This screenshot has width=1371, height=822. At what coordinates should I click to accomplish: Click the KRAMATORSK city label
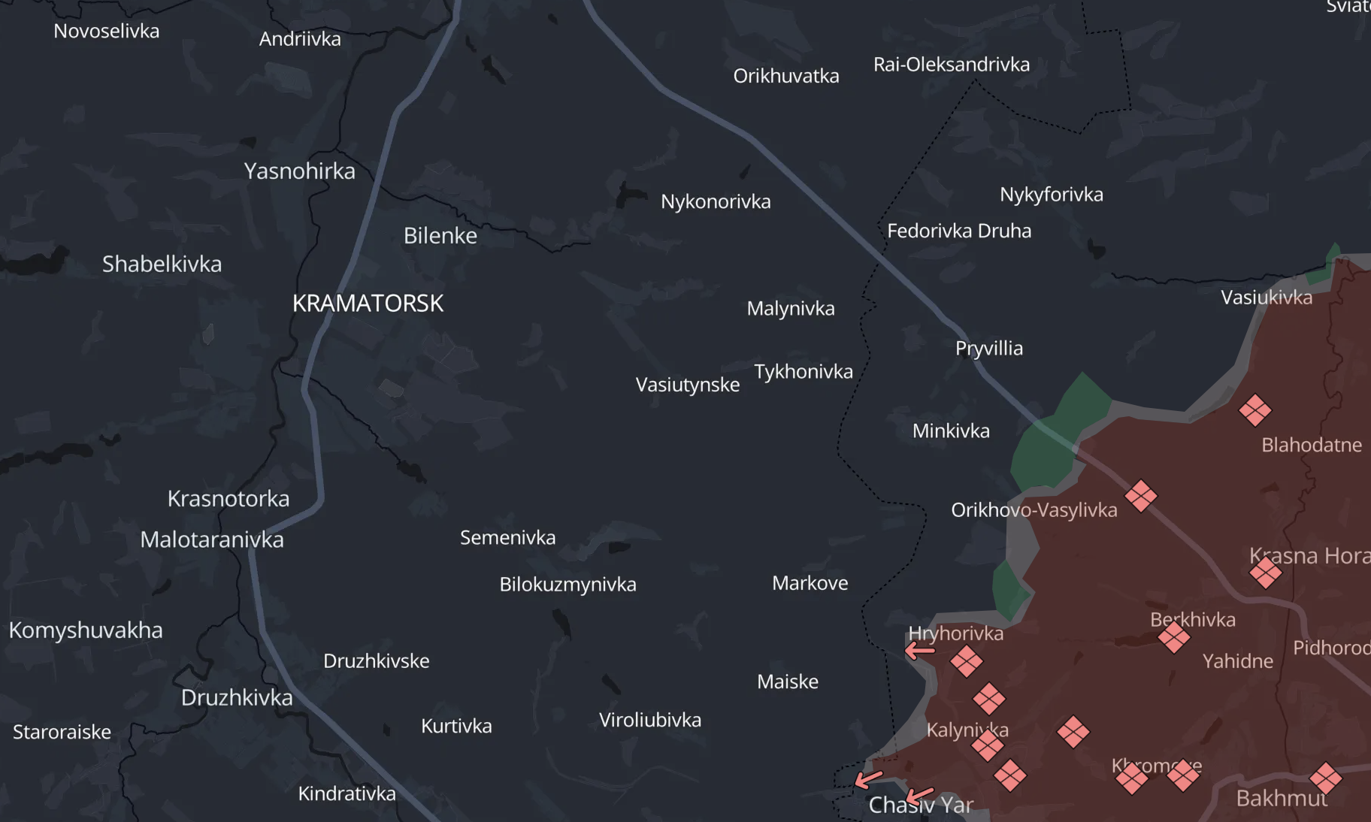(x=368, y=304)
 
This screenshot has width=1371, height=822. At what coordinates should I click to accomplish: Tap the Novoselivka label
(x=106, y=32)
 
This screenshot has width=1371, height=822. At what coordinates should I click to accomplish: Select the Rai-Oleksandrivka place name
(x=951, y=65)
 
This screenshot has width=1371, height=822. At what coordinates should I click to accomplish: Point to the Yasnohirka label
(x=299, y=171)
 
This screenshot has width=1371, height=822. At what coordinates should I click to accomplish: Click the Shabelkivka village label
(x=162, y=264)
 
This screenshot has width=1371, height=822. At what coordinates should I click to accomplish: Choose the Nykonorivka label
(x=716, y=202)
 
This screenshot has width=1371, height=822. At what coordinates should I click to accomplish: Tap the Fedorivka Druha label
(x=958, y=231)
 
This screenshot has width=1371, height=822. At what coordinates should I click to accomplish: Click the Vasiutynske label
(x=687, y=385)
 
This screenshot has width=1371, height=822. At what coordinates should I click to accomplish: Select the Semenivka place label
(x=507, y=538)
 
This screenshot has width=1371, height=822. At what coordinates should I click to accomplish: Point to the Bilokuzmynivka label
(x=567, y=585)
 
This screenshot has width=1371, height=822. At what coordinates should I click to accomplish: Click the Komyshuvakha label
(x=86, y=630)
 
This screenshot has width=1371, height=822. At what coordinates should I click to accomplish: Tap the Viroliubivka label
(x=649, y=721)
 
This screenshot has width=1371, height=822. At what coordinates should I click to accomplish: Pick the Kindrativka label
(x=347, y=794)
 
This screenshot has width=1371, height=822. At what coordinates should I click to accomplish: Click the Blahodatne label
(x=1311, y=445)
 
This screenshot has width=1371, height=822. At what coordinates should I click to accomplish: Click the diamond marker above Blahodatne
(x=1254, y=410)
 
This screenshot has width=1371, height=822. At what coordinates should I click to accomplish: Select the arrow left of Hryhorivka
(x=919, y=650)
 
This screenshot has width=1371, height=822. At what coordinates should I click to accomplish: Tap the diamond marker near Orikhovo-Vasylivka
(x=1140, y=496)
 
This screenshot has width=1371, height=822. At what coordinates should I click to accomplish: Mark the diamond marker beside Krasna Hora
(x=1265, y=573)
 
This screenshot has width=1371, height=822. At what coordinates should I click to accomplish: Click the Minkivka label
(x=950, y=431)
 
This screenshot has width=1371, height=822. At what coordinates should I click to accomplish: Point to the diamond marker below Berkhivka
(x=1173, y=638)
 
